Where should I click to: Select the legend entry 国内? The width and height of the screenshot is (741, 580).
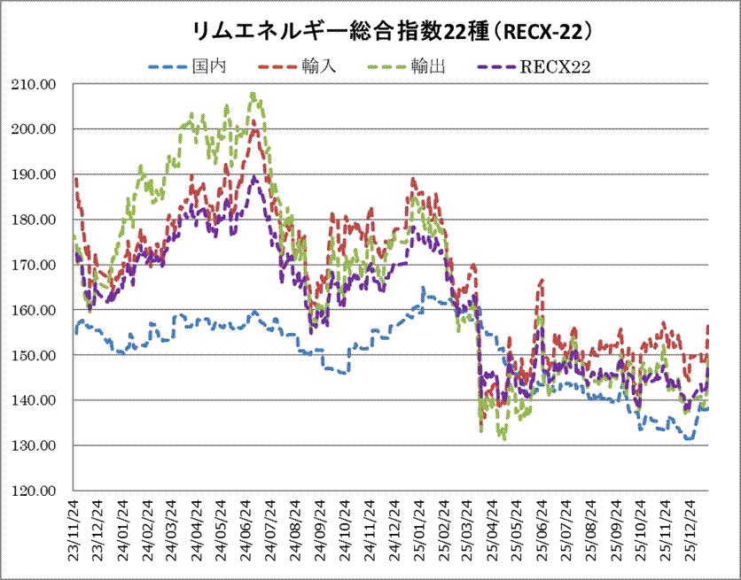[x=207, y=65]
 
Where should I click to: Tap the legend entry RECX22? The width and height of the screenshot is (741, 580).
[x=556, y=65]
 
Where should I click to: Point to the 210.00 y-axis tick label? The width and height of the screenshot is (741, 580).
[x=33, y=84]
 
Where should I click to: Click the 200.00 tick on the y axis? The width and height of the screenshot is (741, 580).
[x=33, y=129]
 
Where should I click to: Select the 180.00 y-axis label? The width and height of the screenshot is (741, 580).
[x=33, y=220]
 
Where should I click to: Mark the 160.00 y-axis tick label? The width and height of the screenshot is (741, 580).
[x=33, y=310]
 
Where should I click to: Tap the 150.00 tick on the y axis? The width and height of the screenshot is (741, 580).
[x=33, y=355]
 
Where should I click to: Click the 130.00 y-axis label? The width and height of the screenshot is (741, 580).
[x=33, y=445]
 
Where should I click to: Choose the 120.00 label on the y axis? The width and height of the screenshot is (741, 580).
[x=33, y=491]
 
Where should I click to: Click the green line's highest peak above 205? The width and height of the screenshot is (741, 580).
[x=253, y=93]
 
